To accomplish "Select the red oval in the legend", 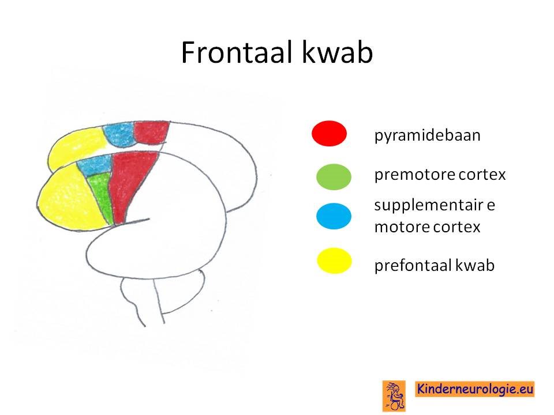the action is tap(329, 133).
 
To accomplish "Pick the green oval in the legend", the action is tap(334, 177).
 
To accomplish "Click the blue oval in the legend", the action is tap(334, 216).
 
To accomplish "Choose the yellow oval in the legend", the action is tap(334, 261).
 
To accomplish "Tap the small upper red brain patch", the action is tap(151, 132).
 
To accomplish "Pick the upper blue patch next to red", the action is tap(119, 134).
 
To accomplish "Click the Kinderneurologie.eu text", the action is tap(474, 389).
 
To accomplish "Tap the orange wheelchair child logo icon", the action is tap(394, 396).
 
